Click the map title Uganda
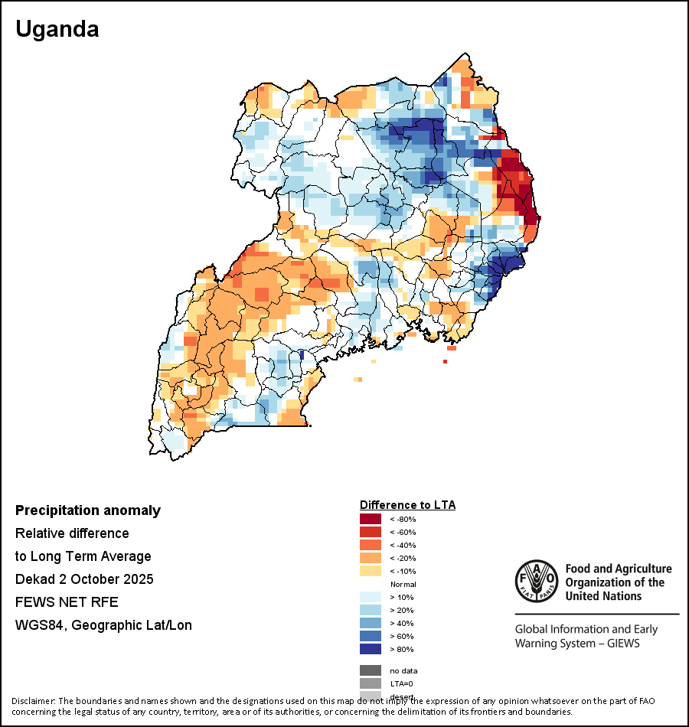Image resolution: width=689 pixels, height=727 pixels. (x=57, y=30)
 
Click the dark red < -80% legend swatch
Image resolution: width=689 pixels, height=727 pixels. (x=371, y=520)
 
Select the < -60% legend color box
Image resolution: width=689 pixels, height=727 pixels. (x=371, y=533)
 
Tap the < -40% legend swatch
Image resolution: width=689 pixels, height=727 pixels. (x=371, y=546)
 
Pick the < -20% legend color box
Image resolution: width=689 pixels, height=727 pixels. (x=371, y=559)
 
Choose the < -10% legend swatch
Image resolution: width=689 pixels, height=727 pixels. (x=371, y=572)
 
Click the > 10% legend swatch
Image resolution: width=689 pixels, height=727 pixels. (x=371, y=598)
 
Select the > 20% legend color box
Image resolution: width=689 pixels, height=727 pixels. (x=371, y=611)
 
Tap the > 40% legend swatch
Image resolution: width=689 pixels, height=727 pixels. (x=371, y=624)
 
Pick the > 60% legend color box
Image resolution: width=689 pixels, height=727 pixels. (x=371, y=637)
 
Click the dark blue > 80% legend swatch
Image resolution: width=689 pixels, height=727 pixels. (x=371, y=650)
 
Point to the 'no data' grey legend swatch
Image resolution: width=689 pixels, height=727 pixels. (x=371, y=671)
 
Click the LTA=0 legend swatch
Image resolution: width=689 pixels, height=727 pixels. (x=371, y=684)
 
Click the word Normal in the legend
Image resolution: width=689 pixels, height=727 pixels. (x=403, y=585)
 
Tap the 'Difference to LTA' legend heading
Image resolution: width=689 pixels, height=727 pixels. (x=407, y=505)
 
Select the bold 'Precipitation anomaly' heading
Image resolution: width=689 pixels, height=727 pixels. (x=88, y=510)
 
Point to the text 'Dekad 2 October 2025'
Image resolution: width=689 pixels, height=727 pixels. (x=84, y=579)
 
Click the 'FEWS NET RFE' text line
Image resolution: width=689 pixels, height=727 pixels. (x=67, y=602)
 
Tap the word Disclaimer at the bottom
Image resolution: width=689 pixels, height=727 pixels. (x=33, y=701)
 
